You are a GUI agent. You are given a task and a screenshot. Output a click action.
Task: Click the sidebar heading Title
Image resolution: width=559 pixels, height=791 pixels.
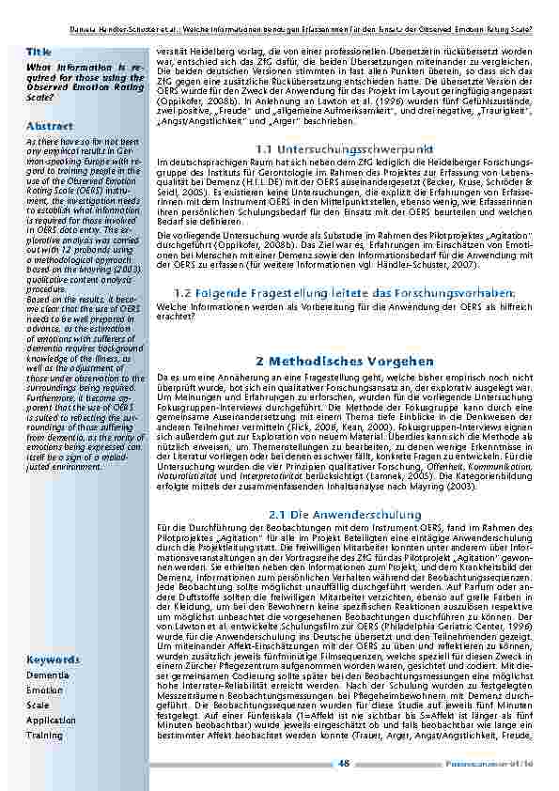pos(39,51)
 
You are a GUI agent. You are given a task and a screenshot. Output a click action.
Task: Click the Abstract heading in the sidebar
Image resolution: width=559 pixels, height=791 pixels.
pos(49,125)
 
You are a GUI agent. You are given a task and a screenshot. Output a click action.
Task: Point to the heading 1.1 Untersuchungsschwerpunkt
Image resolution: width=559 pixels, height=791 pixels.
pos(344,149)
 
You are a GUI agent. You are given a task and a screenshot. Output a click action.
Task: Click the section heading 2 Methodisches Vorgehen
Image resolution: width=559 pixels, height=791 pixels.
pos(344,361)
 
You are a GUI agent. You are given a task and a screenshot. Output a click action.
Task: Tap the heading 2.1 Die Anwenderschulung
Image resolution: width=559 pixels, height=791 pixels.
pos(344,514)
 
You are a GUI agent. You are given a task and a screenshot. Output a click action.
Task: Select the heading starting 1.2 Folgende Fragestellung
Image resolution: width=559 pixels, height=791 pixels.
pos(344,293)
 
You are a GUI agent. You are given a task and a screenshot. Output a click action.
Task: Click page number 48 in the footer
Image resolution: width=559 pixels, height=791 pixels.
pos(344,763)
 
